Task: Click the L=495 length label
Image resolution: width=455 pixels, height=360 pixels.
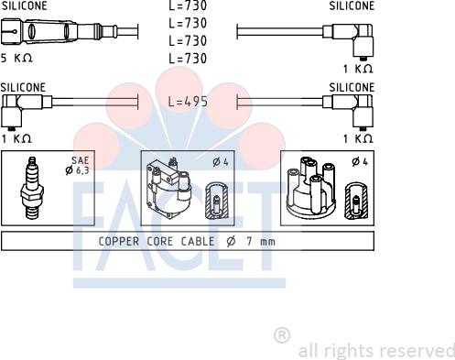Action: coord(188,102)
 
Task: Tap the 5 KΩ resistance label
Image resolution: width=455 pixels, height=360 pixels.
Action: coord(16,58)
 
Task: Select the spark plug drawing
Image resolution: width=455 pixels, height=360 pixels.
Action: coord(31,188)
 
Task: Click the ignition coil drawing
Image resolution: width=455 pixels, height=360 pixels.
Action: coord(168,188)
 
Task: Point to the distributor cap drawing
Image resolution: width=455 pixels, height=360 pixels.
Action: coord(311,187)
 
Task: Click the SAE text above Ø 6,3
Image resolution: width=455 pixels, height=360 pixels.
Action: coord(80,160)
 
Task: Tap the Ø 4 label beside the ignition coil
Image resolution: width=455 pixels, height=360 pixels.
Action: coord(221,162)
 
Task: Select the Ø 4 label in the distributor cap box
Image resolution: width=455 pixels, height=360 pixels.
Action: coord(360,161)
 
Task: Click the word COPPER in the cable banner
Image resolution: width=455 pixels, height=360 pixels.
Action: coord(119,242)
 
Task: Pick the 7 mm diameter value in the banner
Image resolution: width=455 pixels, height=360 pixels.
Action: coord(261,242)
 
